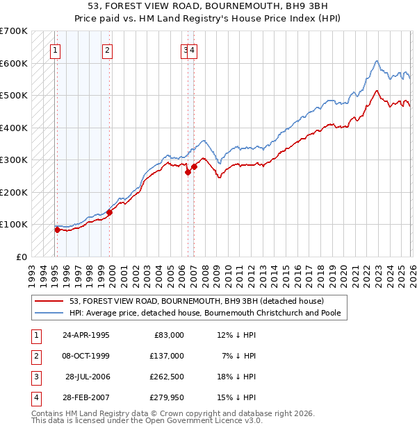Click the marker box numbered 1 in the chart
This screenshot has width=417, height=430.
coord(55,49)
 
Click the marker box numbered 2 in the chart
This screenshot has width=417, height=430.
coord(107,49)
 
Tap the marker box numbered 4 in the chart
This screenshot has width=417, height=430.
coord(193,49)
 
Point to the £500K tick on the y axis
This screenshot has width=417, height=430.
coord(14,95)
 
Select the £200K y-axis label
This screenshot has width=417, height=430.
coord(14,192)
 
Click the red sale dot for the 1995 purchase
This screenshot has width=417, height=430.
coord(57,230)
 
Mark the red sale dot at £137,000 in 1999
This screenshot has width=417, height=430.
coord(109,212)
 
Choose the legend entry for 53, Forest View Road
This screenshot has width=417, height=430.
coord(197,301)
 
